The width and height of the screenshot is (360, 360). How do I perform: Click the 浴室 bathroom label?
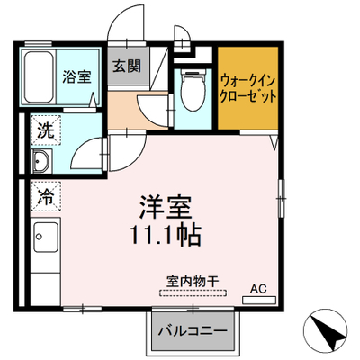(x=76, y=76)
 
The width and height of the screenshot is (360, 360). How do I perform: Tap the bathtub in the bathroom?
(x=39, y=77)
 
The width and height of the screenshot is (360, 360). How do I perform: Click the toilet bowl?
(x=193, y=91)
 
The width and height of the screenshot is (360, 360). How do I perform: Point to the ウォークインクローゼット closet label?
(x=247, y=89)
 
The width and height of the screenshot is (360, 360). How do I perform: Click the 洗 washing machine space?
(x=46, y=130)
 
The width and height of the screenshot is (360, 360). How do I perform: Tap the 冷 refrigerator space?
(x=46, y=196)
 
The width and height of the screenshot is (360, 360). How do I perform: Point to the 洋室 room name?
(x=166, y=207)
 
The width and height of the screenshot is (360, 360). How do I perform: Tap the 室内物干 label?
(x=193, y=282)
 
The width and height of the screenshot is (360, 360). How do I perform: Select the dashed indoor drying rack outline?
(x=193, y=293)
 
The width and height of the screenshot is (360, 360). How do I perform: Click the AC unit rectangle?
(x=259, y=300)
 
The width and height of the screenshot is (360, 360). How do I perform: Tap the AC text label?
(x=258, y=289)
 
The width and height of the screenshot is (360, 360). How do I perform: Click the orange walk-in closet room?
(x=247, y=88)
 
